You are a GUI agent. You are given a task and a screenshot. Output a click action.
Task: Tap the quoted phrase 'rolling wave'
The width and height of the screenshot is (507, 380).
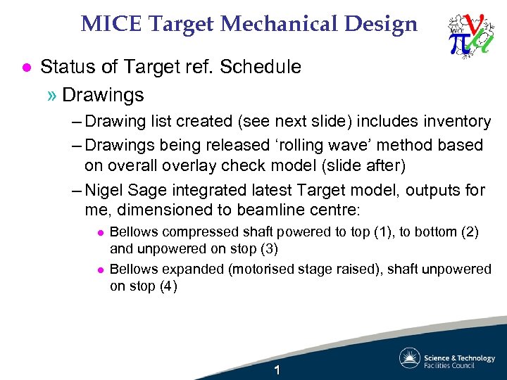(333, 146)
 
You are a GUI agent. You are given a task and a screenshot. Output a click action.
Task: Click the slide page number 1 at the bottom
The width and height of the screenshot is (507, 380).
(277, 370)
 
